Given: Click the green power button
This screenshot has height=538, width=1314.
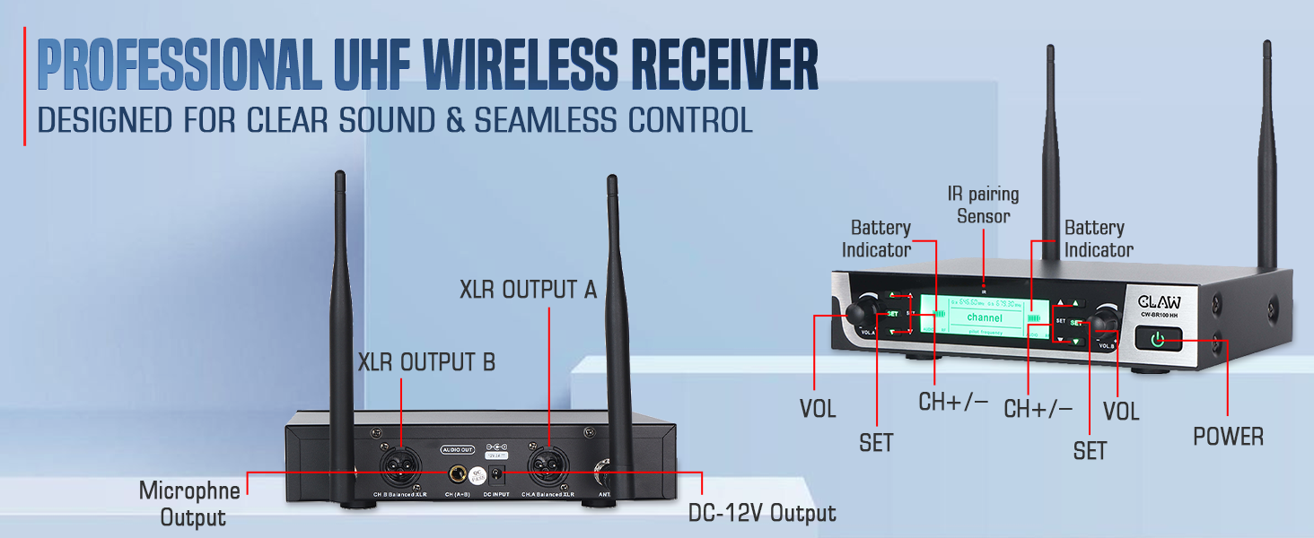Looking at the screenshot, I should (1158, 340).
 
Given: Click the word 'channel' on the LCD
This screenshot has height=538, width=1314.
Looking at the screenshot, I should (984, 317).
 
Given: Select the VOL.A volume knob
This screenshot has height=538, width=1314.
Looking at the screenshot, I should (863, 311).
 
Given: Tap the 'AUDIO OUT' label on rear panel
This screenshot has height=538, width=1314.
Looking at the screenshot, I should (457, 447).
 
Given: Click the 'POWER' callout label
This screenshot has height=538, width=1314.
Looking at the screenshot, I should (1228, 437).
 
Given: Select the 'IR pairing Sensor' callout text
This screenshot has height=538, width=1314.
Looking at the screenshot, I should (983, 204).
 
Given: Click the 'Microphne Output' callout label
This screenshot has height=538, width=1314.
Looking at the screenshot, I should (190, 504).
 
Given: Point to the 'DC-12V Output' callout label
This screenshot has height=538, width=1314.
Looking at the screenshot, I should (762, 513).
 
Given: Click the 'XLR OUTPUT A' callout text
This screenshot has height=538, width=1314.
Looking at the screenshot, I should (528, 290).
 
